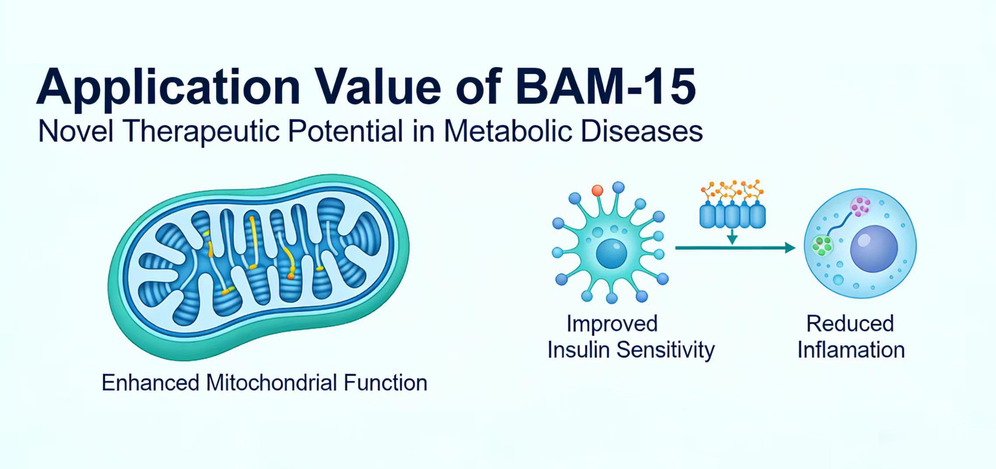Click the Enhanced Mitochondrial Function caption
click(264, 383)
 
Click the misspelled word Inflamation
click(851, 350)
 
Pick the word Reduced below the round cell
click(850, 324)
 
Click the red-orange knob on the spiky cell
click(597, 190)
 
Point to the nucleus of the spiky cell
click(611, 253)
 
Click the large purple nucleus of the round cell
click(873, 249)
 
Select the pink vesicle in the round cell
click(860, 206)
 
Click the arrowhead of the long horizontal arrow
click(790, 248)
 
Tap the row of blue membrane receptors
click(732, 215)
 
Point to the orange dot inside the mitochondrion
click(290, 276)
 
